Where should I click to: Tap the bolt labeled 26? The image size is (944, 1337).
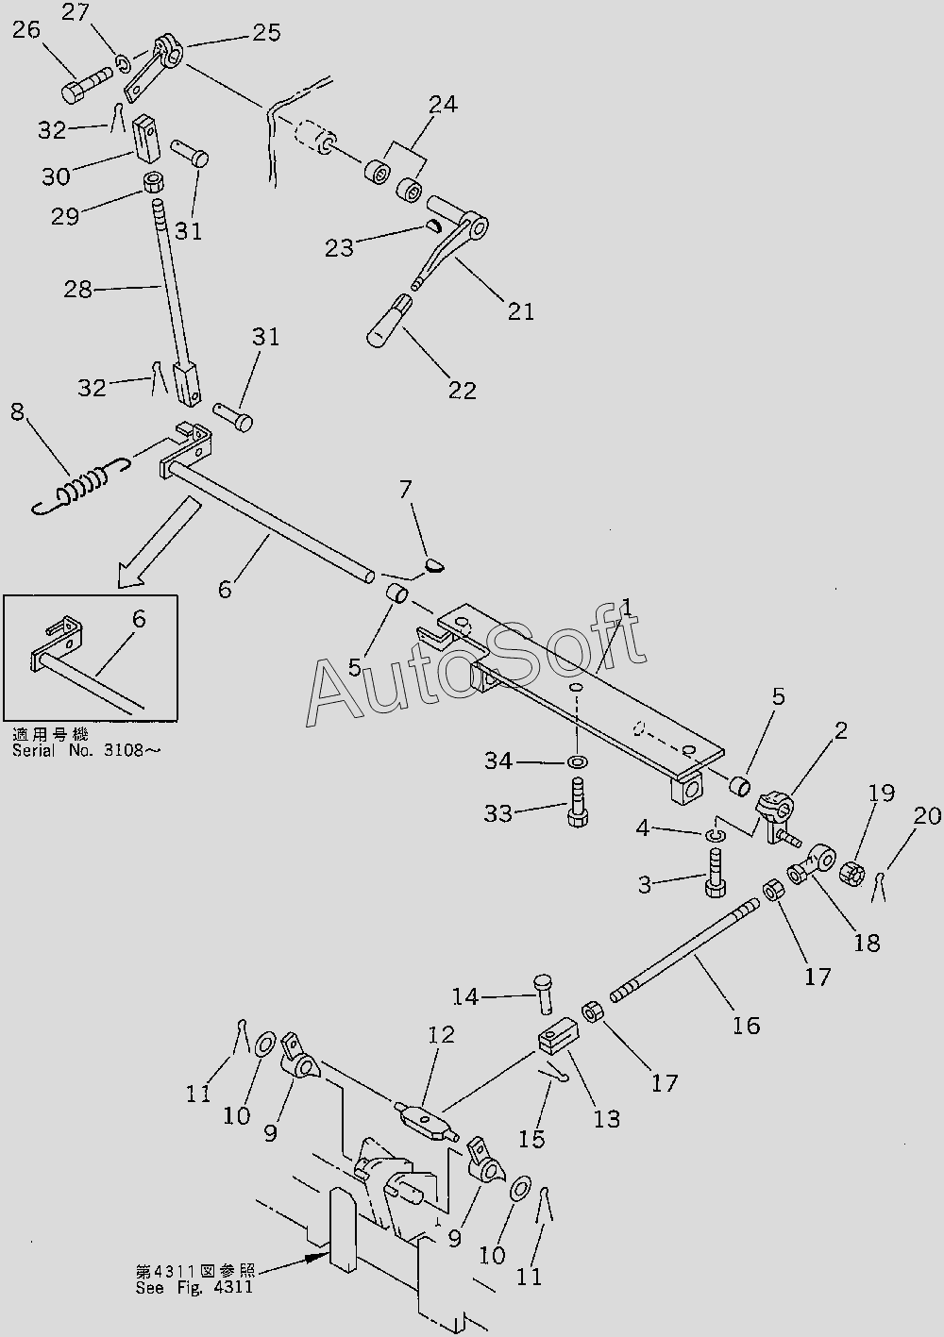click(x=87, y=85)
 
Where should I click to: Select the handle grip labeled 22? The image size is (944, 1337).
click(x=389, y=323)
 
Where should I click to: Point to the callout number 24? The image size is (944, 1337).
click(x=443, y=105)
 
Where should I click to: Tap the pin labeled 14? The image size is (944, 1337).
click(x=544, y=994)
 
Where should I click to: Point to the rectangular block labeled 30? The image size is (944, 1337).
click(x=145, y=139)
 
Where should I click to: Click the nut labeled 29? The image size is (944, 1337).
click(x=154, y=181)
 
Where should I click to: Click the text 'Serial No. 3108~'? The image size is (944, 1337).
click(x=87, y=750)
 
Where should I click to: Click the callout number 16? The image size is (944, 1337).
click(x=746, y=1026)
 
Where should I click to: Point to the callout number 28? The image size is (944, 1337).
click(x=78, y=290)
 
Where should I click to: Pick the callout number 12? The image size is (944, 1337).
click(x=441, y=1034)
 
